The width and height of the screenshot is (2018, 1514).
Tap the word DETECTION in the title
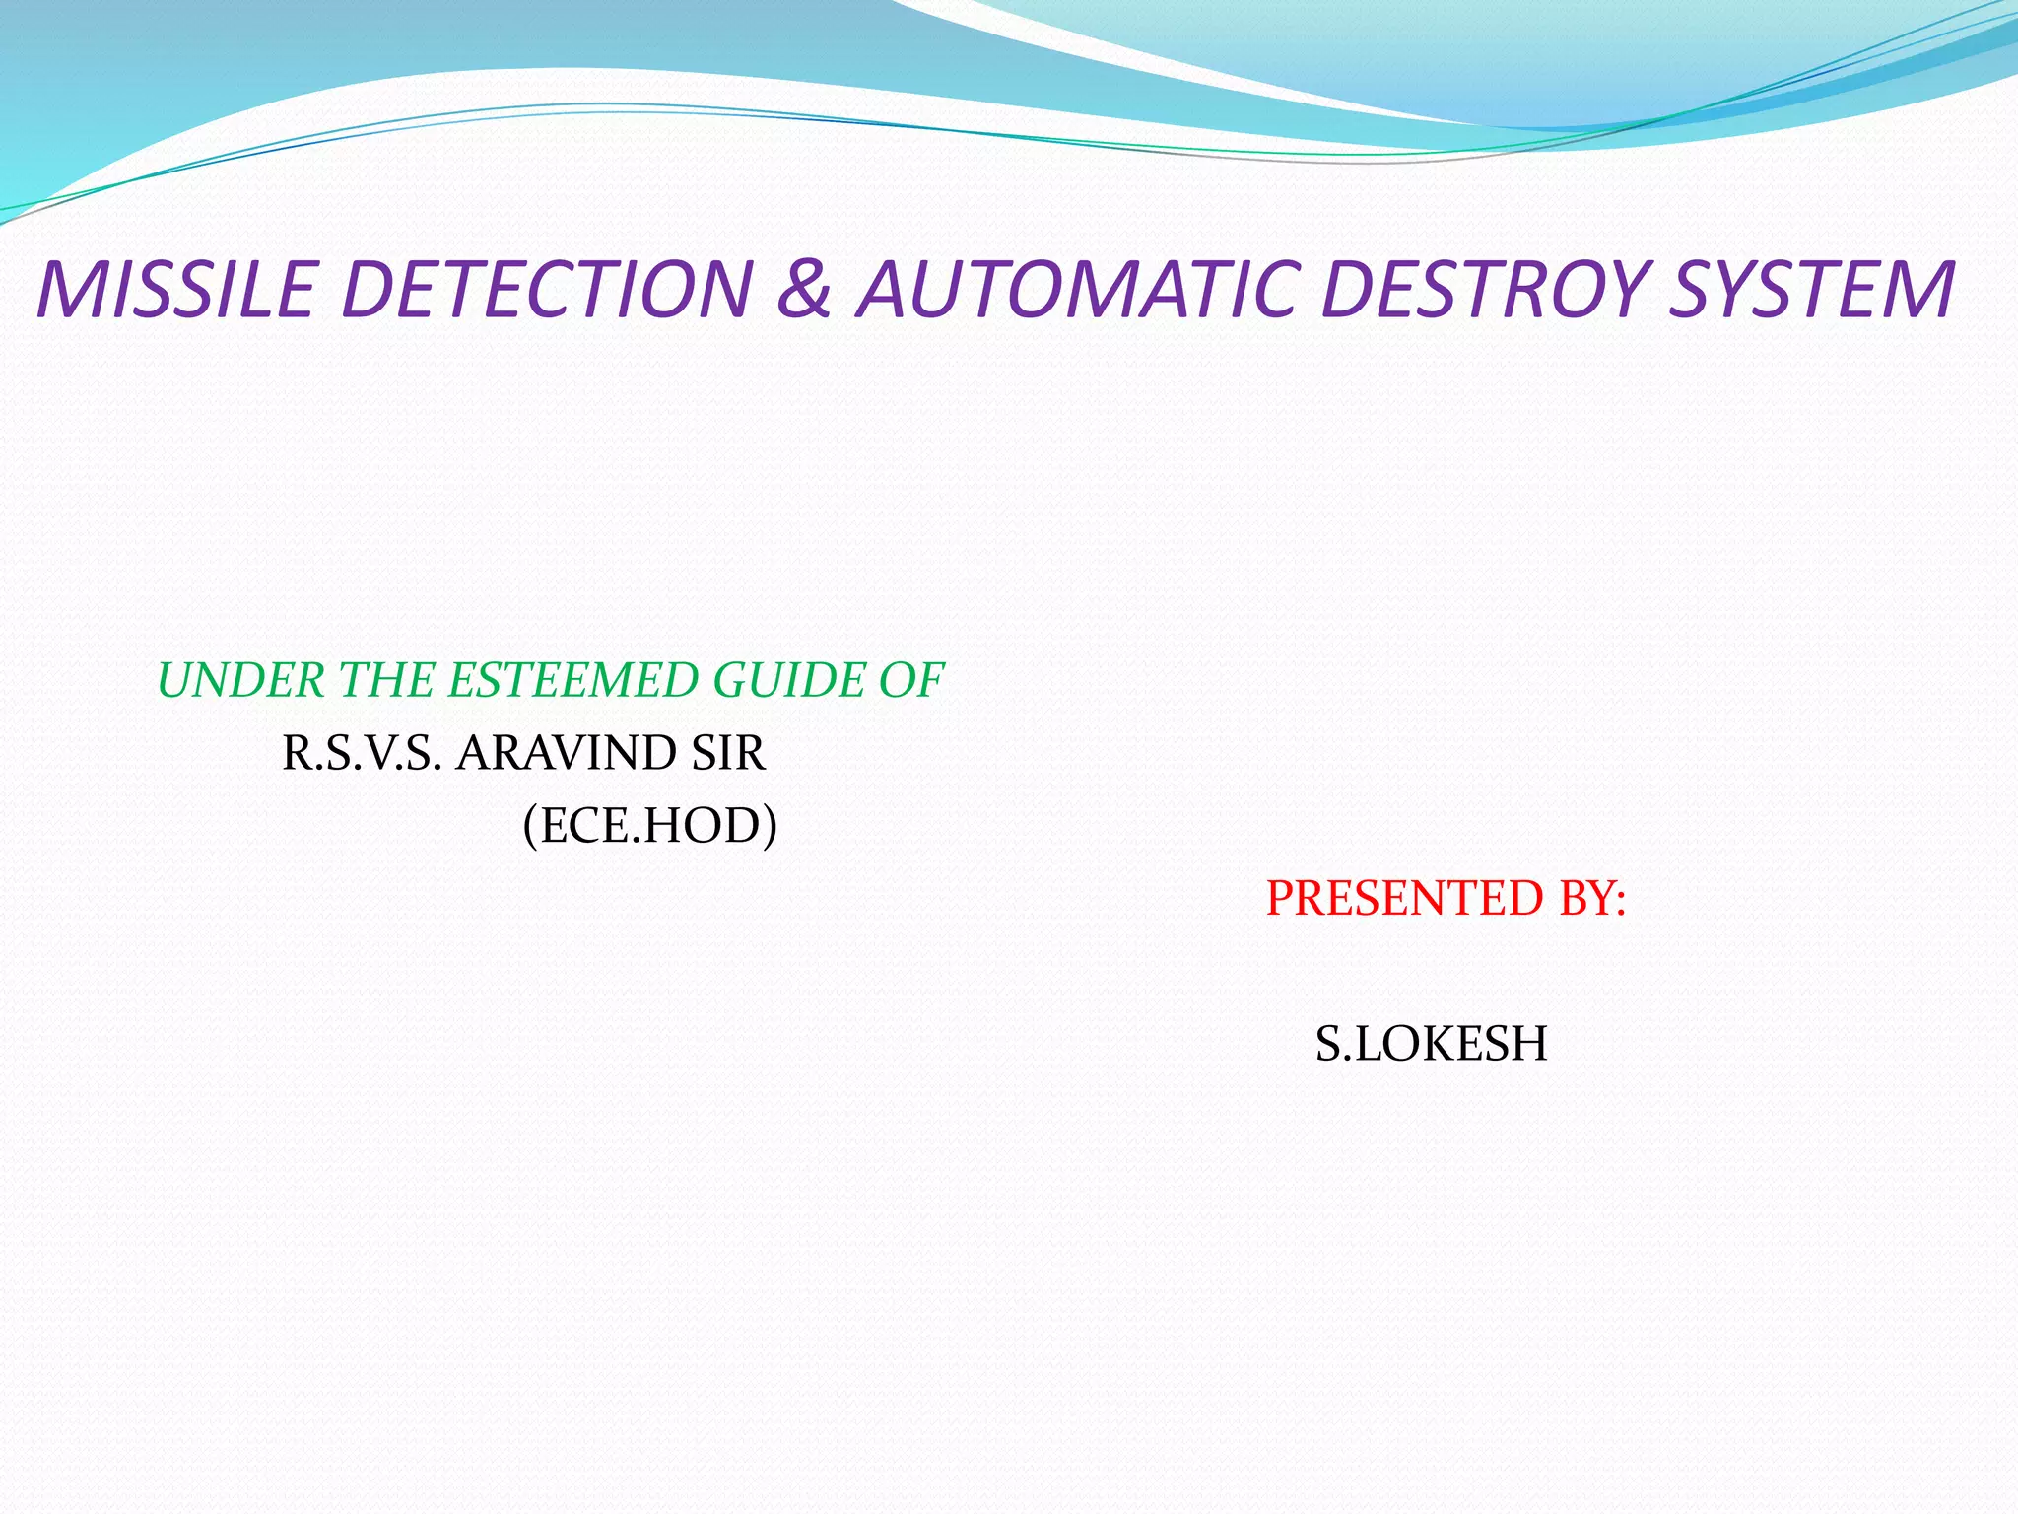point(545,290)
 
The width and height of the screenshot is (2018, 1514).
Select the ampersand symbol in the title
point(804,290)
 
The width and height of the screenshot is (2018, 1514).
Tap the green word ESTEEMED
point(571,681)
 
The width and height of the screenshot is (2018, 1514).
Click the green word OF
point(911,681)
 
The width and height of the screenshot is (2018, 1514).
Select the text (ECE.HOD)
point(649,826)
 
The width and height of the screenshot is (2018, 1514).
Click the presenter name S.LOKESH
point(1431,1044)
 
